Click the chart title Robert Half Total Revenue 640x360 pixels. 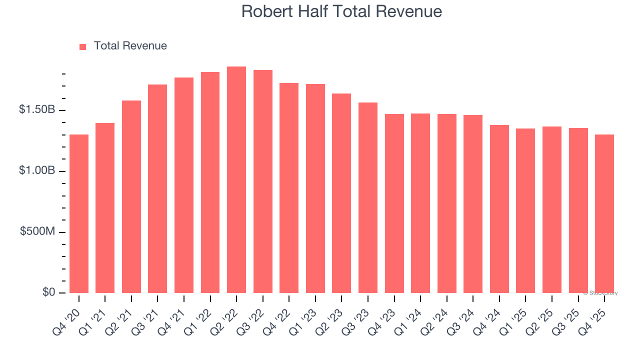341,11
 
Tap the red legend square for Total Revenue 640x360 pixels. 83,46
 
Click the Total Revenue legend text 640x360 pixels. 130,46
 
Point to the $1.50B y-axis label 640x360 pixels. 37,110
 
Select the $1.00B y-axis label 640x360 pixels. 37,171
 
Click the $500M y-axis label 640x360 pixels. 38,232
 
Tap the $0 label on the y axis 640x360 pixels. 48,292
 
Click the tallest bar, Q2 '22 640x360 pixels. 236,180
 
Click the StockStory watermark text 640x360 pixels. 600,293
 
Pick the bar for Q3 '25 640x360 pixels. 578,210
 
